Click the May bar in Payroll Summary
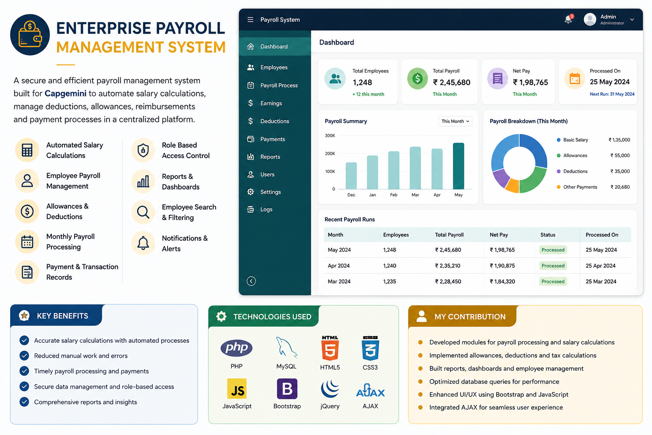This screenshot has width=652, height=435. click(x=458, y=166)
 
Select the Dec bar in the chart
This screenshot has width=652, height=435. click(x=351, y=176)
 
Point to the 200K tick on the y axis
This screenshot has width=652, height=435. click(x=330, y=153)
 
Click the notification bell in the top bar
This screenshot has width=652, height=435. click(x=568, y=19)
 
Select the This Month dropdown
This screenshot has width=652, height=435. click(x=455, y=121)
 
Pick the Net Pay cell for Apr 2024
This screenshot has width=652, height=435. click(x=502, y=266)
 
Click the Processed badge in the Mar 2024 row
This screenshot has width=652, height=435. click(x=553, y=282)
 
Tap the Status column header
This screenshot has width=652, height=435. click(x=548, y=235)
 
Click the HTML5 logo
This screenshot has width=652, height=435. click(x=330, y=348)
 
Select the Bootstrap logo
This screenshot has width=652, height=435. click(x=287, y=389)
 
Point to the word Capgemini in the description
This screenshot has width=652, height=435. click(x=65, y=93)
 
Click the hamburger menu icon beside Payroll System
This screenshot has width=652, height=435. click(x=250, y=20)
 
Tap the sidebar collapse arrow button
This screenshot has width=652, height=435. click(x=251, y=281)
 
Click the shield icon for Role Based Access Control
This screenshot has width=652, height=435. click(x=143, y=150)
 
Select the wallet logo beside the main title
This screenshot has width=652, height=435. click(x=30, y=35)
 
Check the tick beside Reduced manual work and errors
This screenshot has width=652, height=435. click(x=25, y=356)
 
